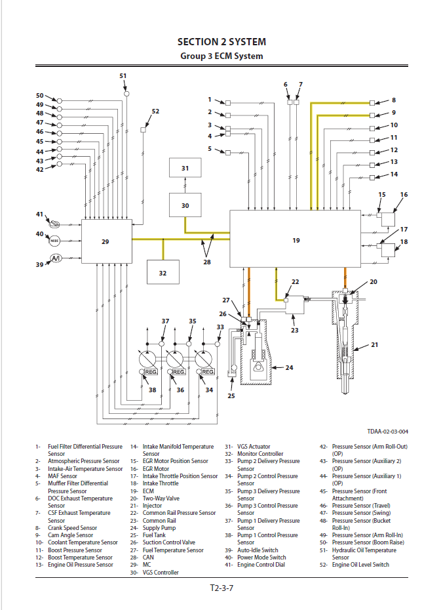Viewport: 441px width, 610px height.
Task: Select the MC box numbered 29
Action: (x=106, y=241)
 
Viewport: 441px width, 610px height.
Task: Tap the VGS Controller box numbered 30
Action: (x=185, y=205)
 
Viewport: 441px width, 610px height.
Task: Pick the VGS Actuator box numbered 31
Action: (x=185, y=168)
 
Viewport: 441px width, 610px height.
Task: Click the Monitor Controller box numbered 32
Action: (x=163, y=272)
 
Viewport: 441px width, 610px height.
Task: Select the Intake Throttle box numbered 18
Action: (x=391, y=250)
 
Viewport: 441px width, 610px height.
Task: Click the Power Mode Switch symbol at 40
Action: (x=55, y=241)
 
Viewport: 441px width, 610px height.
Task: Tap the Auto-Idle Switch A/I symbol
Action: (x=55, y=258)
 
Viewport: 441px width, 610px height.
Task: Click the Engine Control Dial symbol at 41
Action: (x=55, y=224)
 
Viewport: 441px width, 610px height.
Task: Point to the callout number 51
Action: (x=123, y=76)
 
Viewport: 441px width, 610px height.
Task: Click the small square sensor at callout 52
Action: (x=144, y=130)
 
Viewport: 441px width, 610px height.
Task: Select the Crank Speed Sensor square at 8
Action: (x=372, y=103)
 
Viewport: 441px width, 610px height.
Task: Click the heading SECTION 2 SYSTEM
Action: (x=221, y=42)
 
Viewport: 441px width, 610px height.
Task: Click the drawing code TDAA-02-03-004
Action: (x=388, y=431)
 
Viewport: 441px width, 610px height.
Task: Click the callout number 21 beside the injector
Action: (x=375, y=344)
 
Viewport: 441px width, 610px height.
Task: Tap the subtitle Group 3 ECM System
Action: (x=221, y=56)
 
